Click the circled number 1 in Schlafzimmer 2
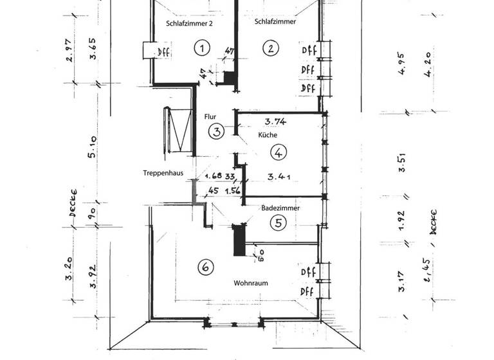(x=203, y=48)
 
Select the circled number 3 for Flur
(x=217, y=132)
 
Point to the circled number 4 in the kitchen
(x=279, y=152)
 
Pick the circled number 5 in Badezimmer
(x=278, y=223)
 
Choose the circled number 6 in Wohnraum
(x=205, y=267)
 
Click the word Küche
(x=268, y=136)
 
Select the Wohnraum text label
(x=251, y=283)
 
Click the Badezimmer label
(x=280, y=208)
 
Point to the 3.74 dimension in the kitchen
(x=275, y=120)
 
